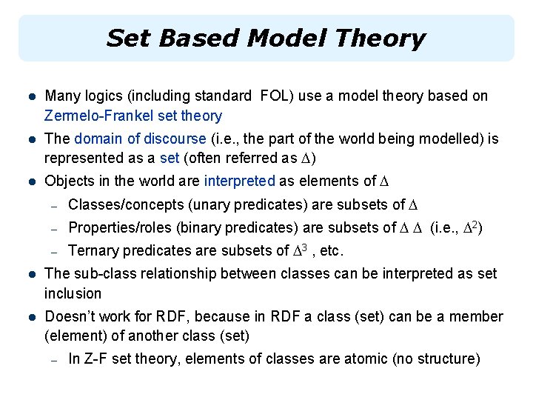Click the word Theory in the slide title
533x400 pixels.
(382, 38)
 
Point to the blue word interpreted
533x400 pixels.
(239, 181)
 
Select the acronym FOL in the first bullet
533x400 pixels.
(271, 96)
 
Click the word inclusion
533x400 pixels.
(73, 293)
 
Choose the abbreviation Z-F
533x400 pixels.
(95, 359)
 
